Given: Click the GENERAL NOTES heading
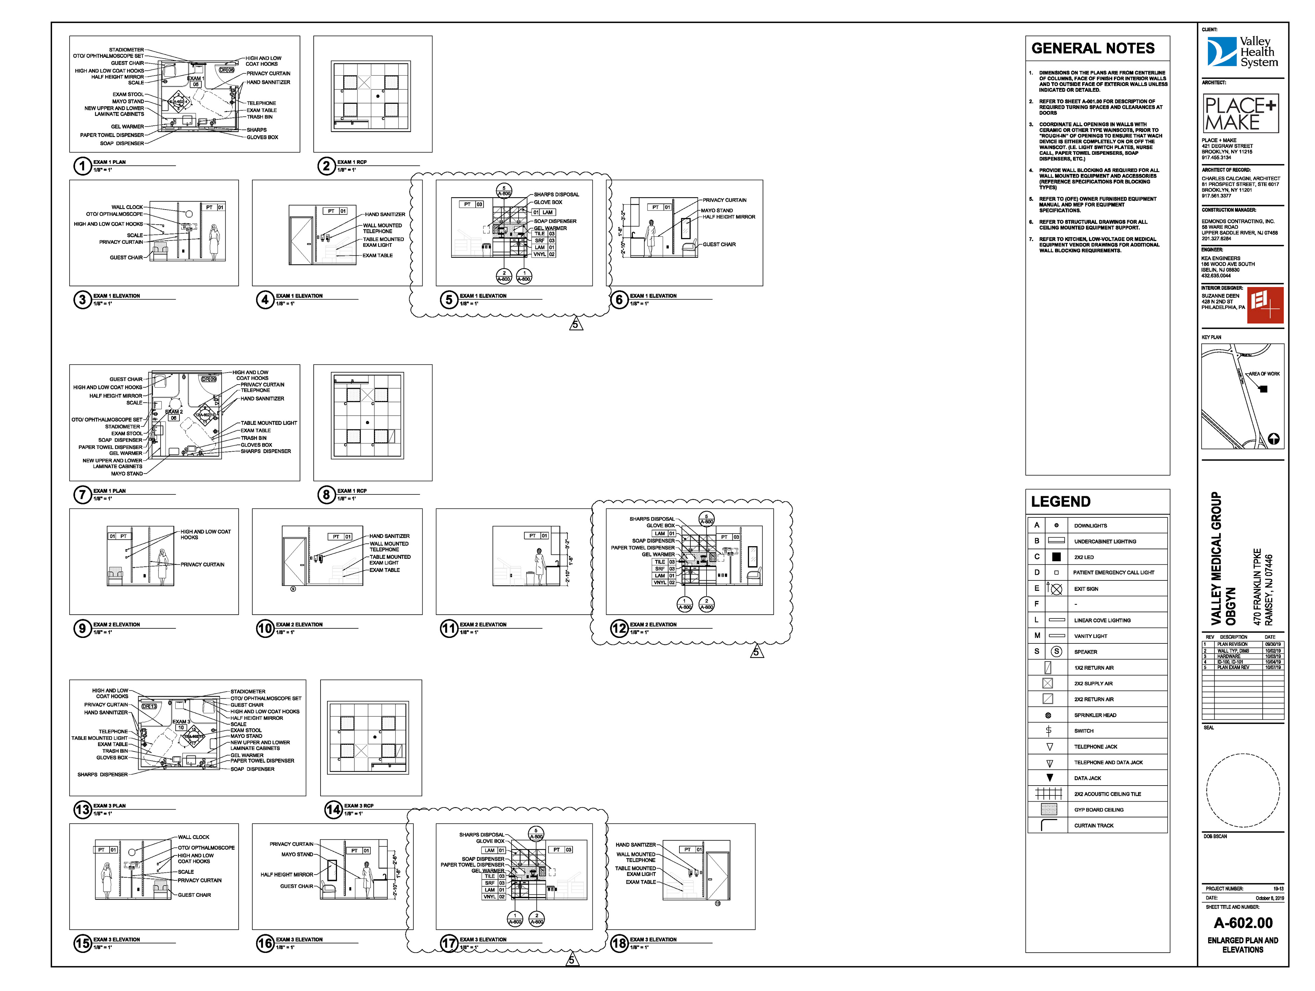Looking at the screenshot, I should [1093, 48].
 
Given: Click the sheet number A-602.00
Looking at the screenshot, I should [1242, 923].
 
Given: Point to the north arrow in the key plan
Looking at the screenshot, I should [1273, 439].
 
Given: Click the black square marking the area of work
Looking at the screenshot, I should [1264, 389].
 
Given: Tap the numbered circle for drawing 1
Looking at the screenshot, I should [82, 166].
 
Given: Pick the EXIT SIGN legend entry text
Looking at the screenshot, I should [1086, 589].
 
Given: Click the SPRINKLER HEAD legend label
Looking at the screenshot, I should [1095, 715].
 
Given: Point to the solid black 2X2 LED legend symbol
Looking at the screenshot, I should [1056, 557].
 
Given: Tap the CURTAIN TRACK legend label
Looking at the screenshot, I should [1094, 826].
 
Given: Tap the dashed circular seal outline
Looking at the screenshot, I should [1242, 791].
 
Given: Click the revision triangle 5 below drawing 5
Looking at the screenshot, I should [575, 325].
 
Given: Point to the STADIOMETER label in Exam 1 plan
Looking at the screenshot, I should [126, 50].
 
